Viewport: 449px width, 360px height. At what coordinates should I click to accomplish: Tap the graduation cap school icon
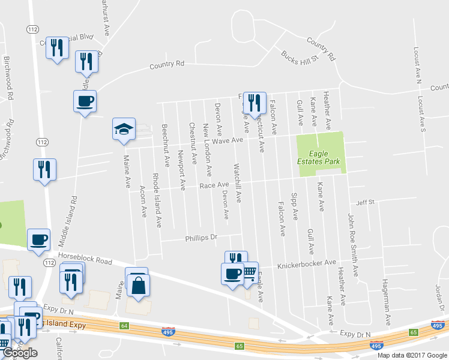(124, 129)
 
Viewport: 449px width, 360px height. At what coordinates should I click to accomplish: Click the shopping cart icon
(249, 272)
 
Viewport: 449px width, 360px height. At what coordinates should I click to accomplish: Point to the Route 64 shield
(124, 326)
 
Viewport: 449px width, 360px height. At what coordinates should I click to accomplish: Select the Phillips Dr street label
(200, 238)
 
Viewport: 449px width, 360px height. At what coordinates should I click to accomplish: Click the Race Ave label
(214, 185)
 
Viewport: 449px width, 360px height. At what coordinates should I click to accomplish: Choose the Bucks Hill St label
(300, 58)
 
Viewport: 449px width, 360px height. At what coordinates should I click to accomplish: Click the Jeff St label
(365, 202)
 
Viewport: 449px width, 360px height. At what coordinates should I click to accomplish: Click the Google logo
(20, 353)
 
